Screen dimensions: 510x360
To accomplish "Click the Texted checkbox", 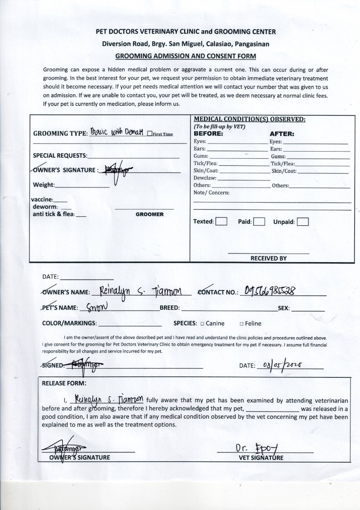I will (221, 221).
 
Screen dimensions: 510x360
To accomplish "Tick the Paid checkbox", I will (258, 221).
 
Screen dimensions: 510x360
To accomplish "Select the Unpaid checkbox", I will (303, 221).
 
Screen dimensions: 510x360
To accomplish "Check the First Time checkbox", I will (149, 134).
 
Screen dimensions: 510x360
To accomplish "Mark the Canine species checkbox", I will (202, 323).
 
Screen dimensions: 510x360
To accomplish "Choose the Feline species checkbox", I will (241, 323).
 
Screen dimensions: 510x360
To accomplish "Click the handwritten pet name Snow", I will (98, 307).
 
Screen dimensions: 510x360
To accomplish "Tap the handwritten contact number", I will (271, 290).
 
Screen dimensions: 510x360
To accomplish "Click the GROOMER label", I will (149, 214).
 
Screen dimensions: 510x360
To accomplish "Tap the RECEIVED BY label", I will (268, 258).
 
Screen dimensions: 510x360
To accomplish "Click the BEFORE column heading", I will (208, 134).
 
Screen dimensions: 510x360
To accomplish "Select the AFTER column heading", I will (282, 134).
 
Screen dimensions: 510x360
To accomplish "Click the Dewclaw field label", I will (205, 178).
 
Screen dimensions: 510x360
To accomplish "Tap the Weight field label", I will (43, 185).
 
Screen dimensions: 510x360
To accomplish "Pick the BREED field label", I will (170, 308).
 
